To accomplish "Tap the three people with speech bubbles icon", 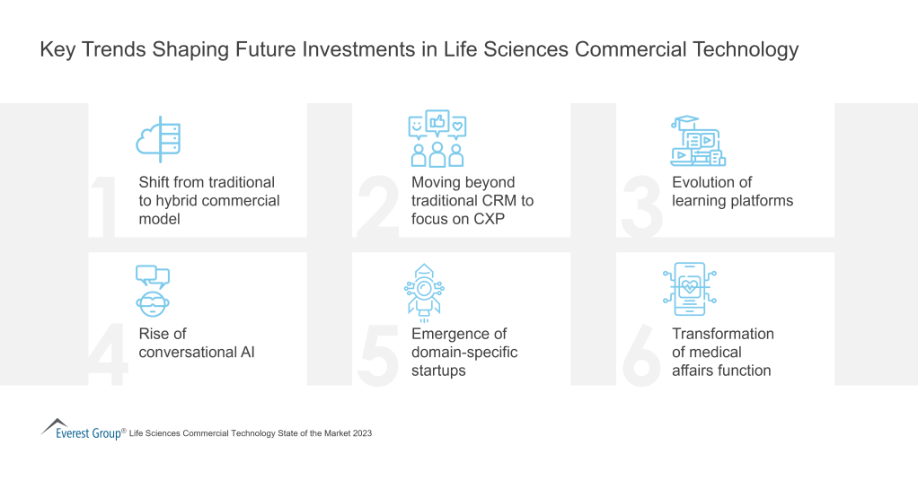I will [437, 139].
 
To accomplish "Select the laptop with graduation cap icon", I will [698, 141].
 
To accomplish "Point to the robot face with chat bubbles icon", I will [153, 291].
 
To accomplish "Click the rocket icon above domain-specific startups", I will [424, 290].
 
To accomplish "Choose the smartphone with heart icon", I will [691, 290].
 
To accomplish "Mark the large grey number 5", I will [377, 357].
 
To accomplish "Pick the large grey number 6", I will [641, 357].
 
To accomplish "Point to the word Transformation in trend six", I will [722, 334].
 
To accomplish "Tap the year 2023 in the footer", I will [361, 433].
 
